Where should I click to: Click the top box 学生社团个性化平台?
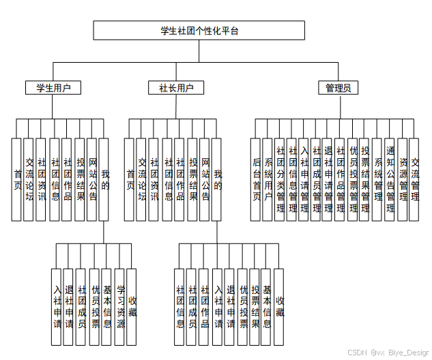[x=199, y=30]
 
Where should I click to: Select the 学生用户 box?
[x=53, y=88]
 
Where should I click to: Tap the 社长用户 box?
[x=176, y=88]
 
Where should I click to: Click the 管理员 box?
[x=338, y=88]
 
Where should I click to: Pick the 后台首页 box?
[x=257, y=179]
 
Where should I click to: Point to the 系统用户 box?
[x=268, y=179]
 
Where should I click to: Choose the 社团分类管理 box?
[x=280, y=179]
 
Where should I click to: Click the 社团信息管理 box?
[x=292, y=179]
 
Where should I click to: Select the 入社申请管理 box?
[x=304, y=179]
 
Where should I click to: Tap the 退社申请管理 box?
[x=328, y=179]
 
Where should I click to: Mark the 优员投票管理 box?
[x=353, y=179]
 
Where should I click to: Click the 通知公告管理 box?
[x=390, y=179]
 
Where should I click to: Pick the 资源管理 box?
[x=403, y=179]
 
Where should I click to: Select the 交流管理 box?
[x=415, y=179]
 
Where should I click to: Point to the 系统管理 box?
[x=378, y=179]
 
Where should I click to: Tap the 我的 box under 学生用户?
[x=104, y=179]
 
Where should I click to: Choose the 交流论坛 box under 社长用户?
[x=141, y=179]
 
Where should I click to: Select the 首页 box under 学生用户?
[x=17, y=179]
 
